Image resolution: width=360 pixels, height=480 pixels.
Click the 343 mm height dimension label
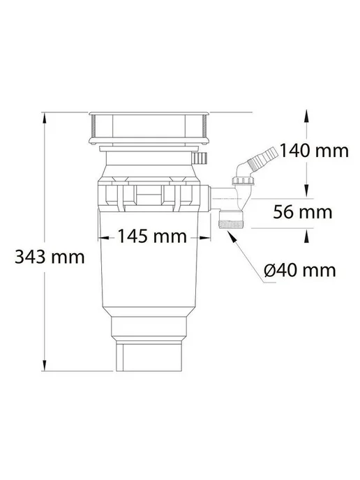(50, 257)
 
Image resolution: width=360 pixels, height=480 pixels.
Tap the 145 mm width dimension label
(152, 237)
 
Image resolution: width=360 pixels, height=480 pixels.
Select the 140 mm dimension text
(314, 151)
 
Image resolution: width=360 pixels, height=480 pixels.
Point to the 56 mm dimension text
(303, 212)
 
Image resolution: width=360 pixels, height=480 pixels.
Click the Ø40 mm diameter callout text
(300, 270)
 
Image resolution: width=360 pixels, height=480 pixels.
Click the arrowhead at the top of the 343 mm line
(45, 118)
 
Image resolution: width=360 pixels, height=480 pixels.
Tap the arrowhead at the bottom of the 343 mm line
(45, 366)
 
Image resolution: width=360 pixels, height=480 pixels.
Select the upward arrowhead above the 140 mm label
(306, 116)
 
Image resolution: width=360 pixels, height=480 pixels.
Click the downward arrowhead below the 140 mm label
(306, 190)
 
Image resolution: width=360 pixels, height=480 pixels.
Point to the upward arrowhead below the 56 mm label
(306, 237)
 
